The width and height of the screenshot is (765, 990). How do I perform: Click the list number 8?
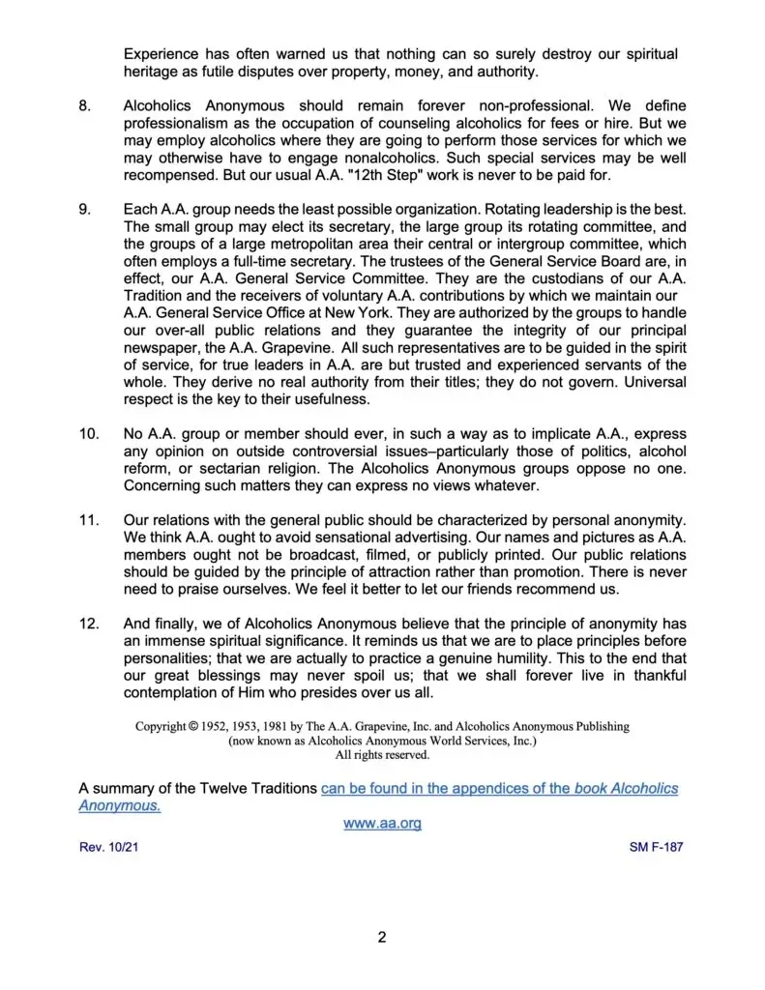(x=83, y=102)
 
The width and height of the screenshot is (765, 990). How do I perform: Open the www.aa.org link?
(x=382, y=824)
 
